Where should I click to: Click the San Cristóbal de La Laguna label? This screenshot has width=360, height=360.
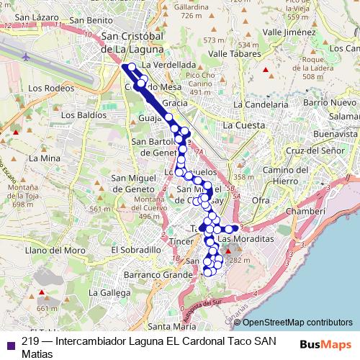(133, 42)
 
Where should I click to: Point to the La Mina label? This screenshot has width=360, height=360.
(45, 157)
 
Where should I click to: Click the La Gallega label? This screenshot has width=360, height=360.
(104, 293)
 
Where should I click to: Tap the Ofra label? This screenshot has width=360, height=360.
(261, 200)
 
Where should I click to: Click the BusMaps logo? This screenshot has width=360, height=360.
(325, 343)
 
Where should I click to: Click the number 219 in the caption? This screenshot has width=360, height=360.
(30, 341)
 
